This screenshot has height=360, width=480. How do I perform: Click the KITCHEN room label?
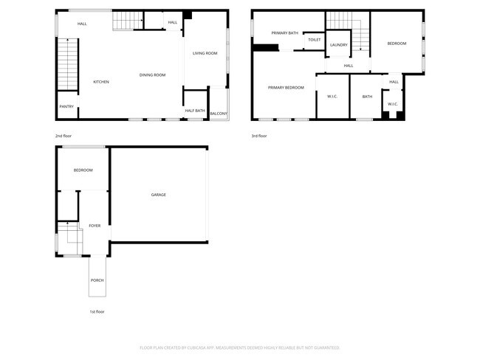[101, 82]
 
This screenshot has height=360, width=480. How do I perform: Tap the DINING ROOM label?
[153, 75]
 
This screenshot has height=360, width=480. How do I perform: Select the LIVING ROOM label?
[205, 53]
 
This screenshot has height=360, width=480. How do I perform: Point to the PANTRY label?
[66, 107]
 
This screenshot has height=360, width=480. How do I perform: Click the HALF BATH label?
[195, 111]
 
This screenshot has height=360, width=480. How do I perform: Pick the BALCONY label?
[219, 114]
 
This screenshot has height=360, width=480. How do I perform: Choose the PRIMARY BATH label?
[284, 33]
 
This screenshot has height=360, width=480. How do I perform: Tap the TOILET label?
[314, 40]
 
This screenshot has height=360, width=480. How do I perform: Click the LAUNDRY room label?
[339, 45]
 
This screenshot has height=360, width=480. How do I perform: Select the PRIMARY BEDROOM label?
[286, 88]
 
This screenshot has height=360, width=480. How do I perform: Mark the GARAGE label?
[159, 195]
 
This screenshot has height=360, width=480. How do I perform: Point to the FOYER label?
[95, 226]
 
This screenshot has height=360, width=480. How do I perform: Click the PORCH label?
[97, 280]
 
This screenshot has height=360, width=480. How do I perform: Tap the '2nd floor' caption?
[63, 136]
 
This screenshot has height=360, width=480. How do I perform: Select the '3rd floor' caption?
[259, 136]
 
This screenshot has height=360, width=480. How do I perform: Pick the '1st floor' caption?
[97, 312]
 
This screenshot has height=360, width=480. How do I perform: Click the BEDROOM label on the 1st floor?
[83, 170]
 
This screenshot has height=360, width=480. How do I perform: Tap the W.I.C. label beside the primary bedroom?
[332, 97]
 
